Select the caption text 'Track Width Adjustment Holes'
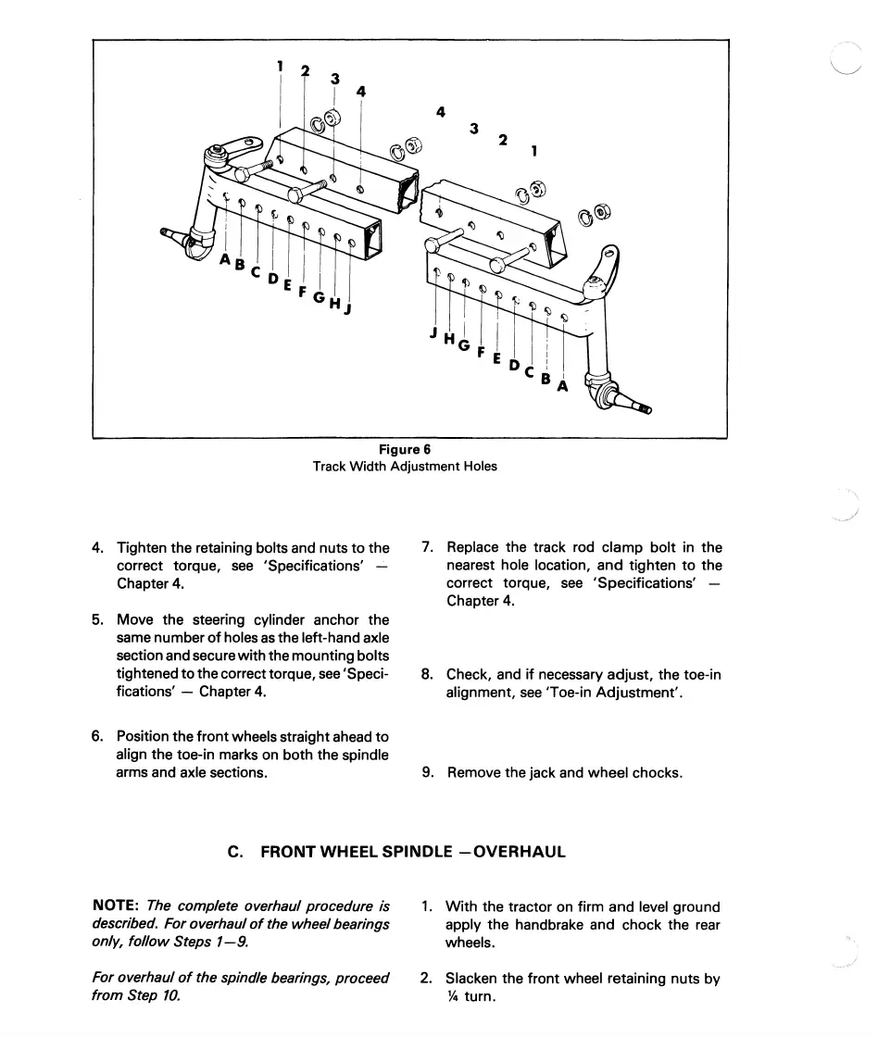point(405,467)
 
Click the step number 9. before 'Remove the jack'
point(427,771)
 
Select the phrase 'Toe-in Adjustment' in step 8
point(614,693)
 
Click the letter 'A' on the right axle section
point(561,387)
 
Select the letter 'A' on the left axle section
point(224,260)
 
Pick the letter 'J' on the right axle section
point(433,332)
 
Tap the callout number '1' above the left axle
point(280,67)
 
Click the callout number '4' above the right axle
point(441,112)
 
